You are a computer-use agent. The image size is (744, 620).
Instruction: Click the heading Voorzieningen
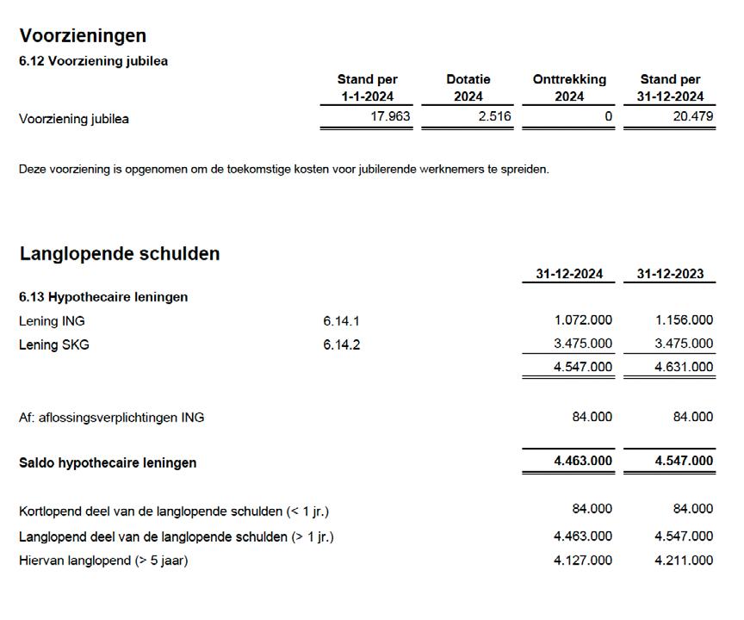pyautogui.click(x=83, y=35)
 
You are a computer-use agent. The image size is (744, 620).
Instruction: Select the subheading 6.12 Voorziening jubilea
pyautogui.click(x=93, y=61)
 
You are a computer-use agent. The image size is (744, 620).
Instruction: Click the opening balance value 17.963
pyautogui.click(x=390, y=116)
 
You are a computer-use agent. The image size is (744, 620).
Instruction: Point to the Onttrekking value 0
pyautogui.click(x=608, y=116)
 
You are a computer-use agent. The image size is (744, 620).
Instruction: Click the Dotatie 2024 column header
pyautogui.click(x=468, y=88)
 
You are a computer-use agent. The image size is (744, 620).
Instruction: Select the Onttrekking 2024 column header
pyautogui.click(x=569, y=88)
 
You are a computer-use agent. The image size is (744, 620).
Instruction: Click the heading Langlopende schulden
pyautogui.click(x=120, y=254)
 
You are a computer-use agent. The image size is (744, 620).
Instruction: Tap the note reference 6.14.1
pyautogui.click(x=341, y=321)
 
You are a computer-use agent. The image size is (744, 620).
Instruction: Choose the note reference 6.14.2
pyautogui.click(x=341, y=344)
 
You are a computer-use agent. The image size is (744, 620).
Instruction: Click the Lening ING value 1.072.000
pyautogui.click(x=583, y=320)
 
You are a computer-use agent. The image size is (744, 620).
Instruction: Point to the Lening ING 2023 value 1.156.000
pyautogui.click(x=684, y=320)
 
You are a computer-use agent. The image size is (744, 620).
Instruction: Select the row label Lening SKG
pyautogui.click(x=53, y=344)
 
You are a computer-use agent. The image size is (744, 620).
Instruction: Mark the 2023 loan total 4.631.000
pyautogui.click(x=684, y=367)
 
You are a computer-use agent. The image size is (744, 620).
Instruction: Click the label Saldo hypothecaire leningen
pyautogui.click(x=108, y=462)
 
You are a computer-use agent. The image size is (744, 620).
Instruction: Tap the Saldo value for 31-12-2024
pyautogui.click(x=583, y=461)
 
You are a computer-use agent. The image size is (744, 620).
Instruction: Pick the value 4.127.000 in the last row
pyautogui.click(x=583, y=560)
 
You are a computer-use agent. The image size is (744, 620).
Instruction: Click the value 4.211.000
pyautogui.click(x=684, y=560)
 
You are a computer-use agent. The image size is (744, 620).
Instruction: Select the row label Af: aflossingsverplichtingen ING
pyautogui.click(x=111, y=418)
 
